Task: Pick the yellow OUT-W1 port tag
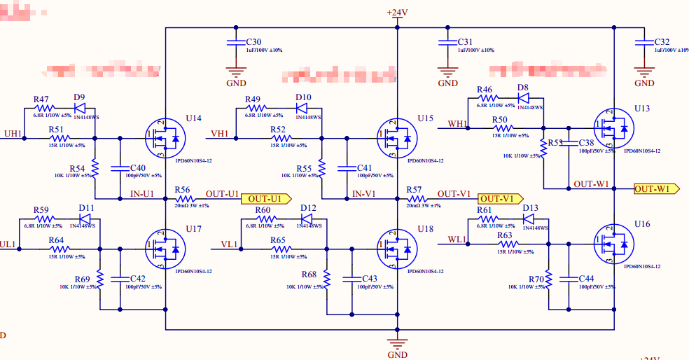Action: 656,189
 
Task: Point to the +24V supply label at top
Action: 397,13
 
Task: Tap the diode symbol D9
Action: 79,109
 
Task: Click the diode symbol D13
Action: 529,219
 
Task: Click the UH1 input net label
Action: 13,134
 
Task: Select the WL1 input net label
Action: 457,240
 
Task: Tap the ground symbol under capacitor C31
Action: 447,71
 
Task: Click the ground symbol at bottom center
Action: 397,343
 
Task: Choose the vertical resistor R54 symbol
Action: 95,169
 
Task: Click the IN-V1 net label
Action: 365,193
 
